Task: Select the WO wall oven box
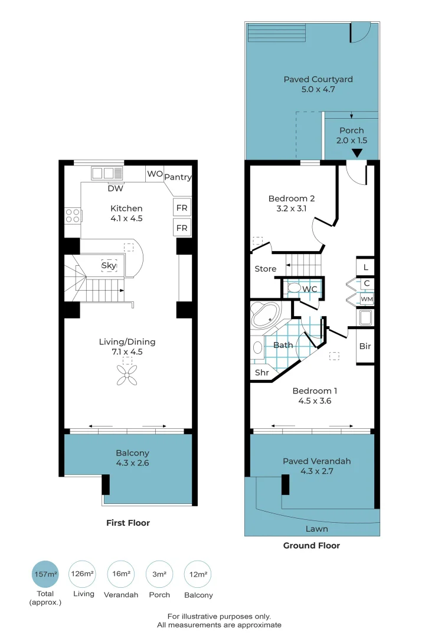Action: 155,174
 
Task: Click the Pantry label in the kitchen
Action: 178,177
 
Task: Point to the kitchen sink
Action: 107,173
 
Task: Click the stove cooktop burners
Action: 73,216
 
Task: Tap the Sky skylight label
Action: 109,266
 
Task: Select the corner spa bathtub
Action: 269,316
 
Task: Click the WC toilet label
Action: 310,289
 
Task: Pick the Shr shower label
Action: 262,373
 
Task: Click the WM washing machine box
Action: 367,300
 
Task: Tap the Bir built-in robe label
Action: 365,346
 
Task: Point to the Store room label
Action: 265,269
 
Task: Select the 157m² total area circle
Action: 45,574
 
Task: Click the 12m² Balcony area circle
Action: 198,574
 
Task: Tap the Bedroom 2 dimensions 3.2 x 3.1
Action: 291,209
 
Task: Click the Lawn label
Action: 316,529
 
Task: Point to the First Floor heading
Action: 127,523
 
